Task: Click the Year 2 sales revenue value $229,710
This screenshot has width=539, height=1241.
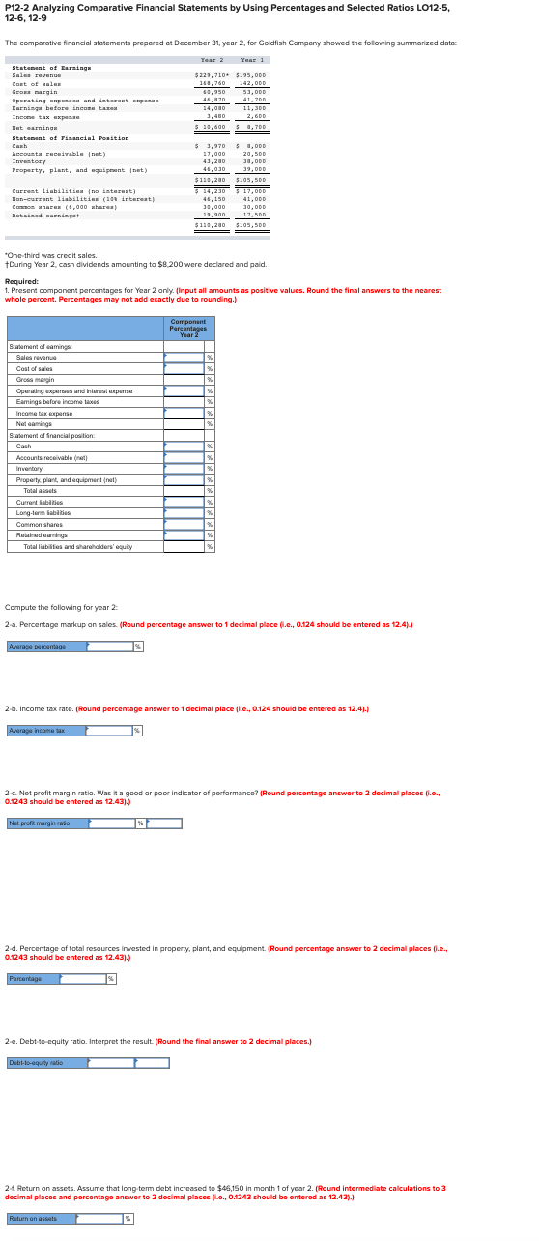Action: pos(211,74)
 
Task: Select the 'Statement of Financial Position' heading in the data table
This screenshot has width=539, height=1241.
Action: pos(70,138)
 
